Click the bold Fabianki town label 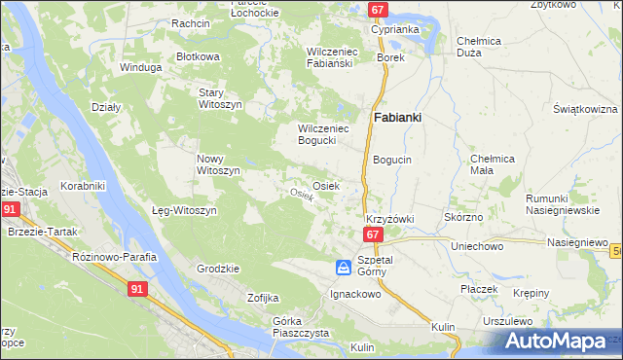coord(398,119)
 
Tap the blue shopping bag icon coord(343,267)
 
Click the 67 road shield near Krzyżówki coord(373,235)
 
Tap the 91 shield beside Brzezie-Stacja coord(10,209)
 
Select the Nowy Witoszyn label coord(218,164)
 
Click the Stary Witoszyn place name coord(218,97)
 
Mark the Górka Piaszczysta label coord(301,327)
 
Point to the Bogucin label coord(392,159)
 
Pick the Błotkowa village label coord(198,56)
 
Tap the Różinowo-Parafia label coord(115,256)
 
